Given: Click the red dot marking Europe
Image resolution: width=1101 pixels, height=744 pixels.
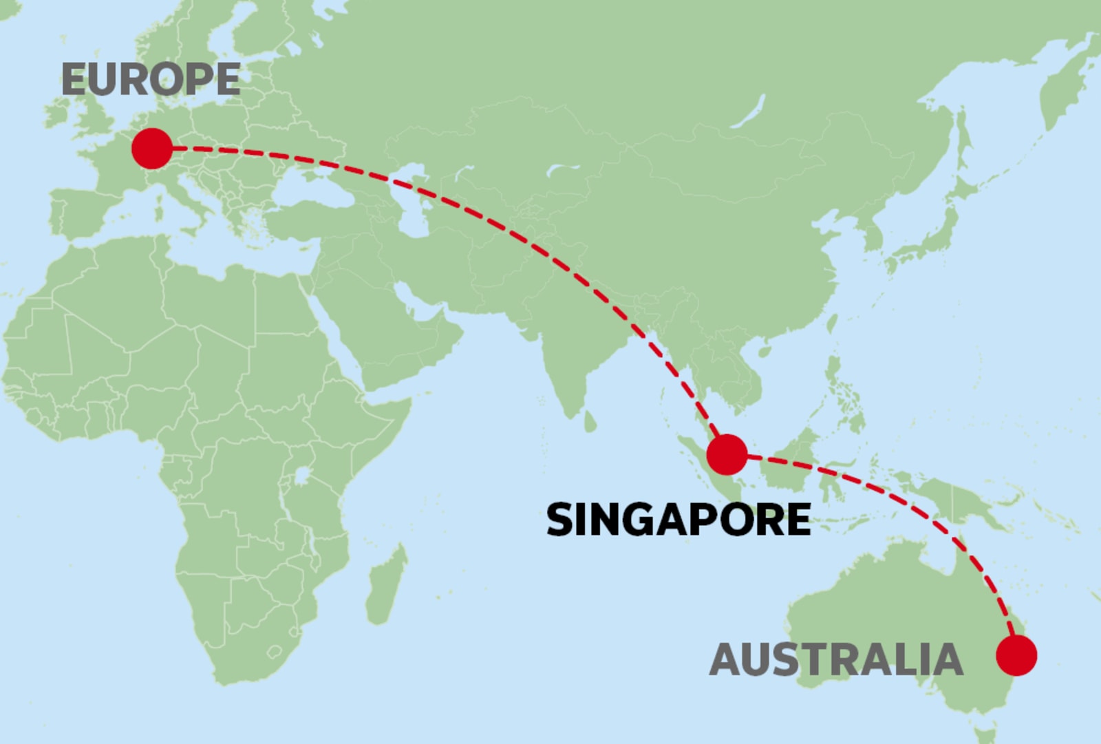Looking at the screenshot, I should tap(151, 148).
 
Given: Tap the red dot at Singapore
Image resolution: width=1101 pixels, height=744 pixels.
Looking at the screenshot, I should tap(727, 454).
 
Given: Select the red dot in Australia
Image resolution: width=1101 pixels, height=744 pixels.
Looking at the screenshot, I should tap(1016, 655).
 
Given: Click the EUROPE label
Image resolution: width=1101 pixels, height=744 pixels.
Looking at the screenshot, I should tap(151, 79).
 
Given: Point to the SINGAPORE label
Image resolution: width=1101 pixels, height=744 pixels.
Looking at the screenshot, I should tap(678, 520).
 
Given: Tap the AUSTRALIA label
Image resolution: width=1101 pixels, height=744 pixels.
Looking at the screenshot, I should tap(836, 659).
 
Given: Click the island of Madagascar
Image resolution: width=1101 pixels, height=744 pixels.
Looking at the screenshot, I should tap(385, 585).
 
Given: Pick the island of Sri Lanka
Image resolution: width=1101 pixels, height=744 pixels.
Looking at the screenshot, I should tap(590, 421).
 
